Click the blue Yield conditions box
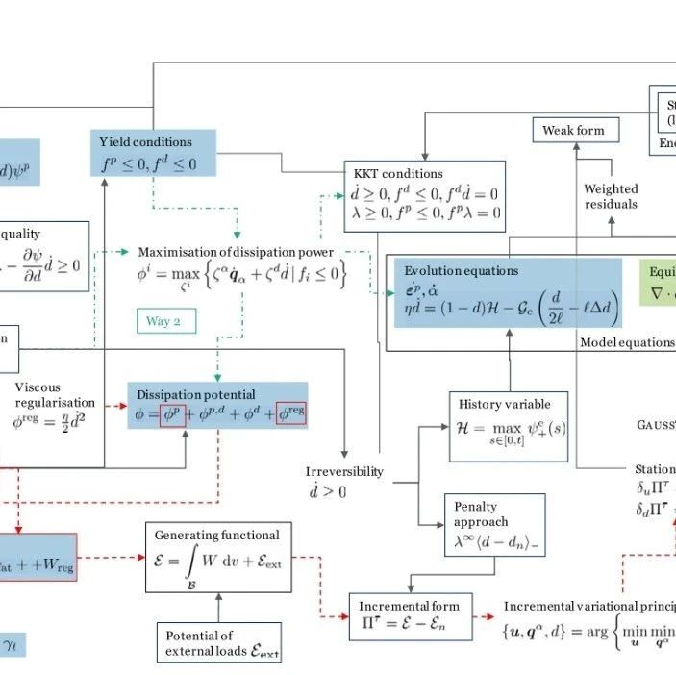tap(153, 153)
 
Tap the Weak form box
tap(575, 130)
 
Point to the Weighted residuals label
tap(611, 196)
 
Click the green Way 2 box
tap(165, 320)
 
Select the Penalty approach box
tap(494, 525)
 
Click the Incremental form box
tap(409, 616)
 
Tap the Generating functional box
tap(218, 557)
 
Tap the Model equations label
tap(626, 342)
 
